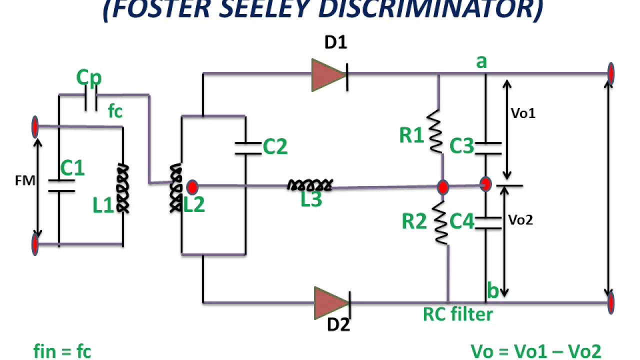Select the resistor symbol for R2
click(440, 223)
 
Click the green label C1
click(72, 168)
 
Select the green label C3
click(461, 145)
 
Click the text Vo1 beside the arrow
click(523, 113)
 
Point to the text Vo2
click(520, 219)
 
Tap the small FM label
click(25, 181)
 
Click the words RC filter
click(458, 314)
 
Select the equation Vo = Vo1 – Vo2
click(536, 350)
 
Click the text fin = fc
click(62, 350)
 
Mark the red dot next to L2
click(192, 187)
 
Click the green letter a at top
click(481, 62)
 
